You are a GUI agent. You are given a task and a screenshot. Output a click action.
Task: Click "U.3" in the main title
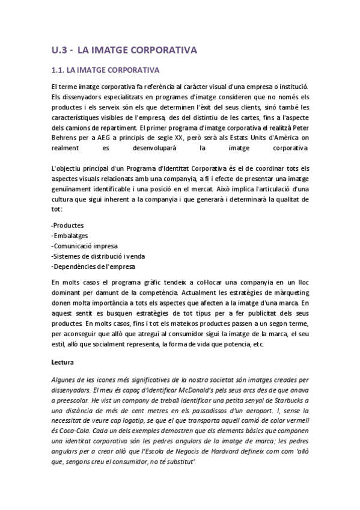pos(59,50)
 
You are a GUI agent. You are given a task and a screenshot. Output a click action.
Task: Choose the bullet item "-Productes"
pos(68,225)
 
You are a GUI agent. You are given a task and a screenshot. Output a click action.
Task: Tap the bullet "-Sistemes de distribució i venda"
pos(99,256)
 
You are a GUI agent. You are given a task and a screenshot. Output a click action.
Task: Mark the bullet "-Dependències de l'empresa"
pos(93,266)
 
